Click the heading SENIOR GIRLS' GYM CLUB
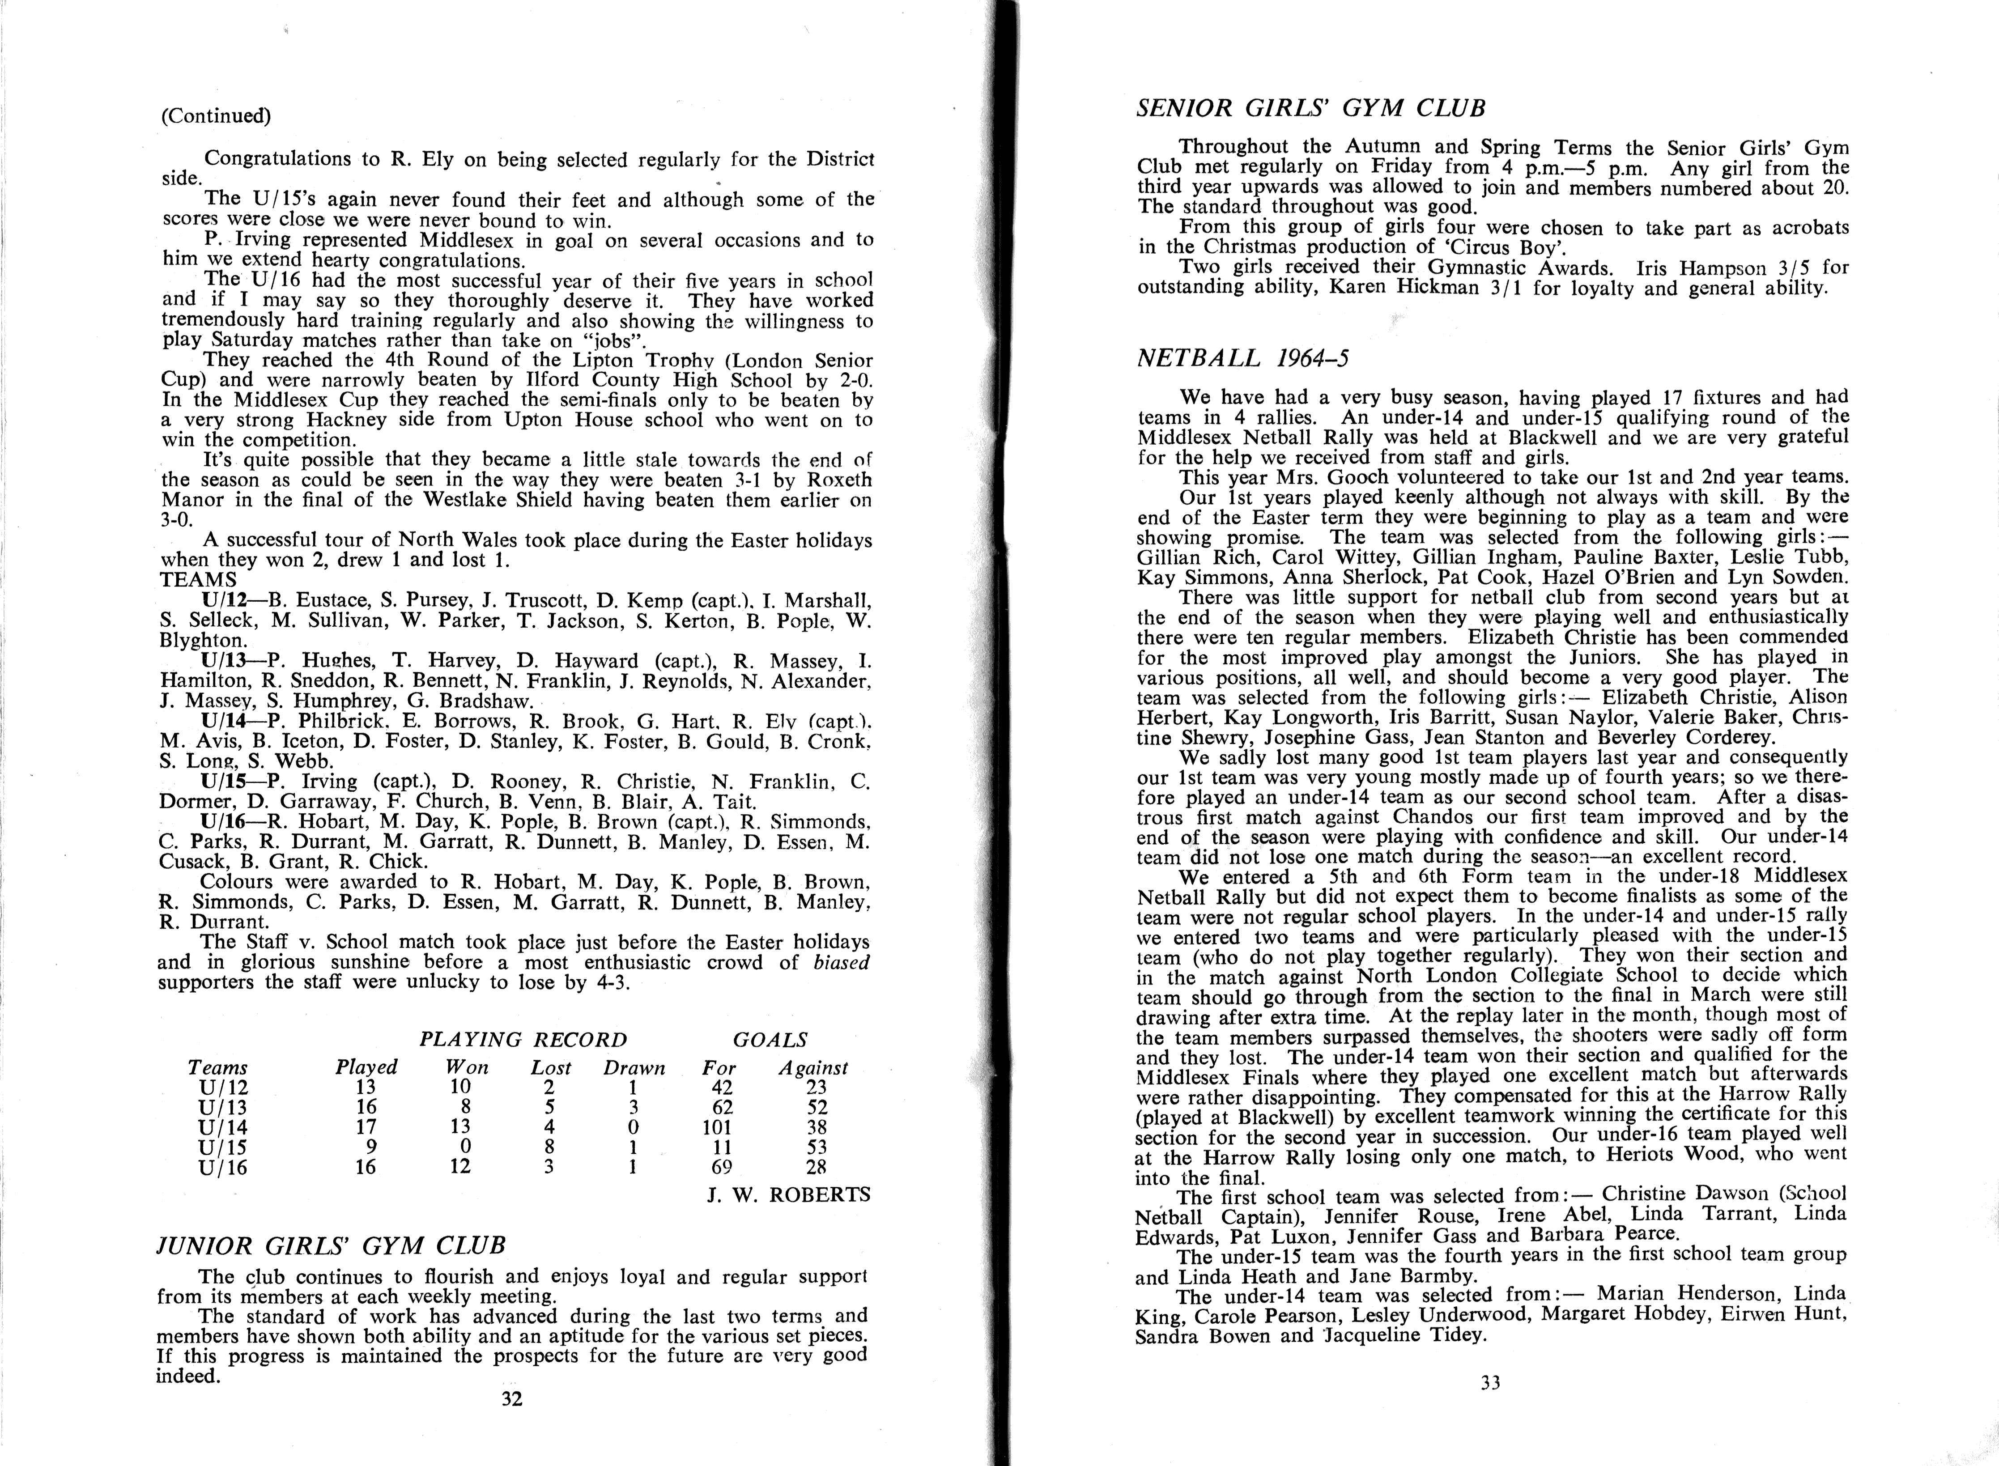pos(1311,108)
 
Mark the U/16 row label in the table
pos(224,1167)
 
